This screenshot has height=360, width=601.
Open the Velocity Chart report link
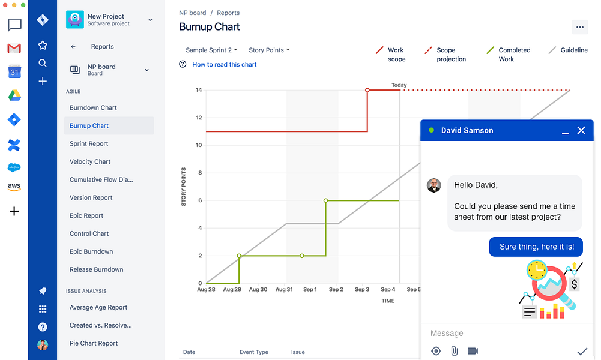tap(89, 161)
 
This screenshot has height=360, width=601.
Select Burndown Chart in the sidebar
tap(93, 107)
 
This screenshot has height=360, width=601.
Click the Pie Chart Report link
tap(94, 343)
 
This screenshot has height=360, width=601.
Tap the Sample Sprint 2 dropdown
tap(211, 50)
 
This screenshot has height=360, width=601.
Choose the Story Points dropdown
tap(269, 50)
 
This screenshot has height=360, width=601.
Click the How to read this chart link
tap(224, 64)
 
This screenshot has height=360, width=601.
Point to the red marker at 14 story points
tap(367, 90)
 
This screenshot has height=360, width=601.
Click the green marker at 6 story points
tap(325, 200)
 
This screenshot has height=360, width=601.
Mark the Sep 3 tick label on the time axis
tap(362, 290)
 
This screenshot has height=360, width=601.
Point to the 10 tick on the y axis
tap(199, 145)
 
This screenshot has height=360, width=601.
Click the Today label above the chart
tap(399, 85)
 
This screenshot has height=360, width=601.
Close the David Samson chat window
tap(581, 131)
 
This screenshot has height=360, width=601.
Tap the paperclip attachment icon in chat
tap(454, 351)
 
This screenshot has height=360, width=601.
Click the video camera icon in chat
tap(473, 351)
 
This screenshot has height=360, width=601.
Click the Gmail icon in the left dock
tap(14, 49)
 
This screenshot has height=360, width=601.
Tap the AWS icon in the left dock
tap(14, 187)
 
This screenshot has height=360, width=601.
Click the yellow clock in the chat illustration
tap(537, 270)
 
